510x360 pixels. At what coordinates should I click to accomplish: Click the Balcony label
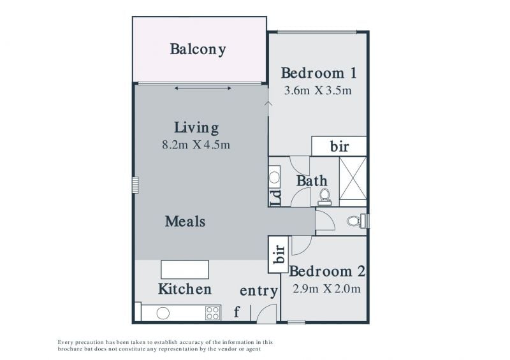click(198, 50)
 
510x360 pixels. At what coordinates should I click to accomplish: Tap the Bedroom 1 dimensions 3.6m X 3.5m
click(317, 90)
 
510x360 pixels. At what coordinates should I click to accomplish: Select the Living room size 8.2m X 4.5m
click(196, 145)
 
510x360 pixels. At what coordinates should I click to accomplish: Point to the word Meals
click(185, 222)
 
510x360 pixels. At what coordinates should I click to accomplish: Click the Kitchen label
click(185, 289)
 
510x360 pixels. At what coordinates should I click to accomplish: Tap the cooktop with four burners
click(213, 313)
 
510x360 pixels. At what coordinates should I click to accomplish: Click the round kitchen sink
click(163, 313)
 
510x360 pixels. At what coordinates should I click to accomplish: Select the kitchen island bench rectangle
click(185, 270)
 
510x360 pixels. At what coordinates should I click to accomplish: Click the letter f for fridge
click(237, 312)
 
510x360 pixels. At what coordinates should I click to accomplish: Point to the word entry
click(259, 291)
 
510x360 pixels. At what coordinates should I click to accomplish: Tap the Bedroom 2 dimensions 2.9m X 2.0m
click(326, 289)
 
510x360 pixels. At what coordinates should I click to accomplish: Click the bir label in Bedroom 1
click(339, 147)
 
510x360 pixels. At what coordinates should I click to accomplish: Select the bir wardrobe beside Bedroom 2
click(278, 255)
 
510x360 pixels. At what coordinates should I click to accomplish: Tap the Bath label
click(312, 181)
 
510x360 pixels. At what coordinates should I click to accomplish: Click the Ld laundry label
click(275, 198)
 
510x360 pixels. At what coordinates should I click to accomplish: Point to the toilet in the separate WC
click(354, 221)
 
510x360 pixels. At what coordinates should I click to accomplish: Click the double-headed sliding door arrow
click(203, 88)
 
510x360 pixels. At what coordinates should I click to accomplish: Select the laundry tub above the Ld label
click(274, 177)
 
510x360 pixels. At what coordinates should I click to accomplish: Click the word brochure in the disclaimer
click(69, 349)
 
